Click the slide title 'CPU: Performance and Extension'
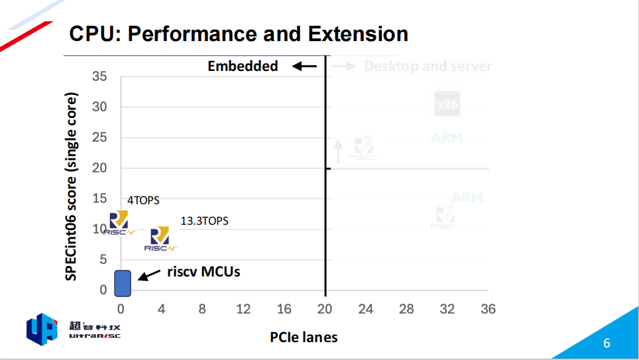(x=239, y=34)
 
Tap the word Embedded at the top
(x=243, y=66)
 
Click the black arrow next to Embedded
(x=306, y=66)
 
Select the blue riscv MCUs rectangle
(x=123, y=283)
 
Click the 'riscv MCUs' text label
(x=203, y=271)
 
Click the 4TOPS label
(x=143, y=200)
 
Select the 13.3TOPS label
(x=204, y=221)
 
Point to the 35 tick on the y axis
(x=99, y=76)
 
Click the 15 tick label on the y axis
(x=99, y=198)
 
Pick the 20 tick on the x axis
(x=325, y=309)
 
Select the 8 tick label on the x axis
(x=202, y=309)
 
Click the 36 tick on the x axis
(x=488, y=309)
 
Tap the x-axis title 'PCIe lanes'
(x=304, y=337)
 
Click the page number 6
(x=607, y=343)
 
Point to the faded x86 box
(x=447, y=104)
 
